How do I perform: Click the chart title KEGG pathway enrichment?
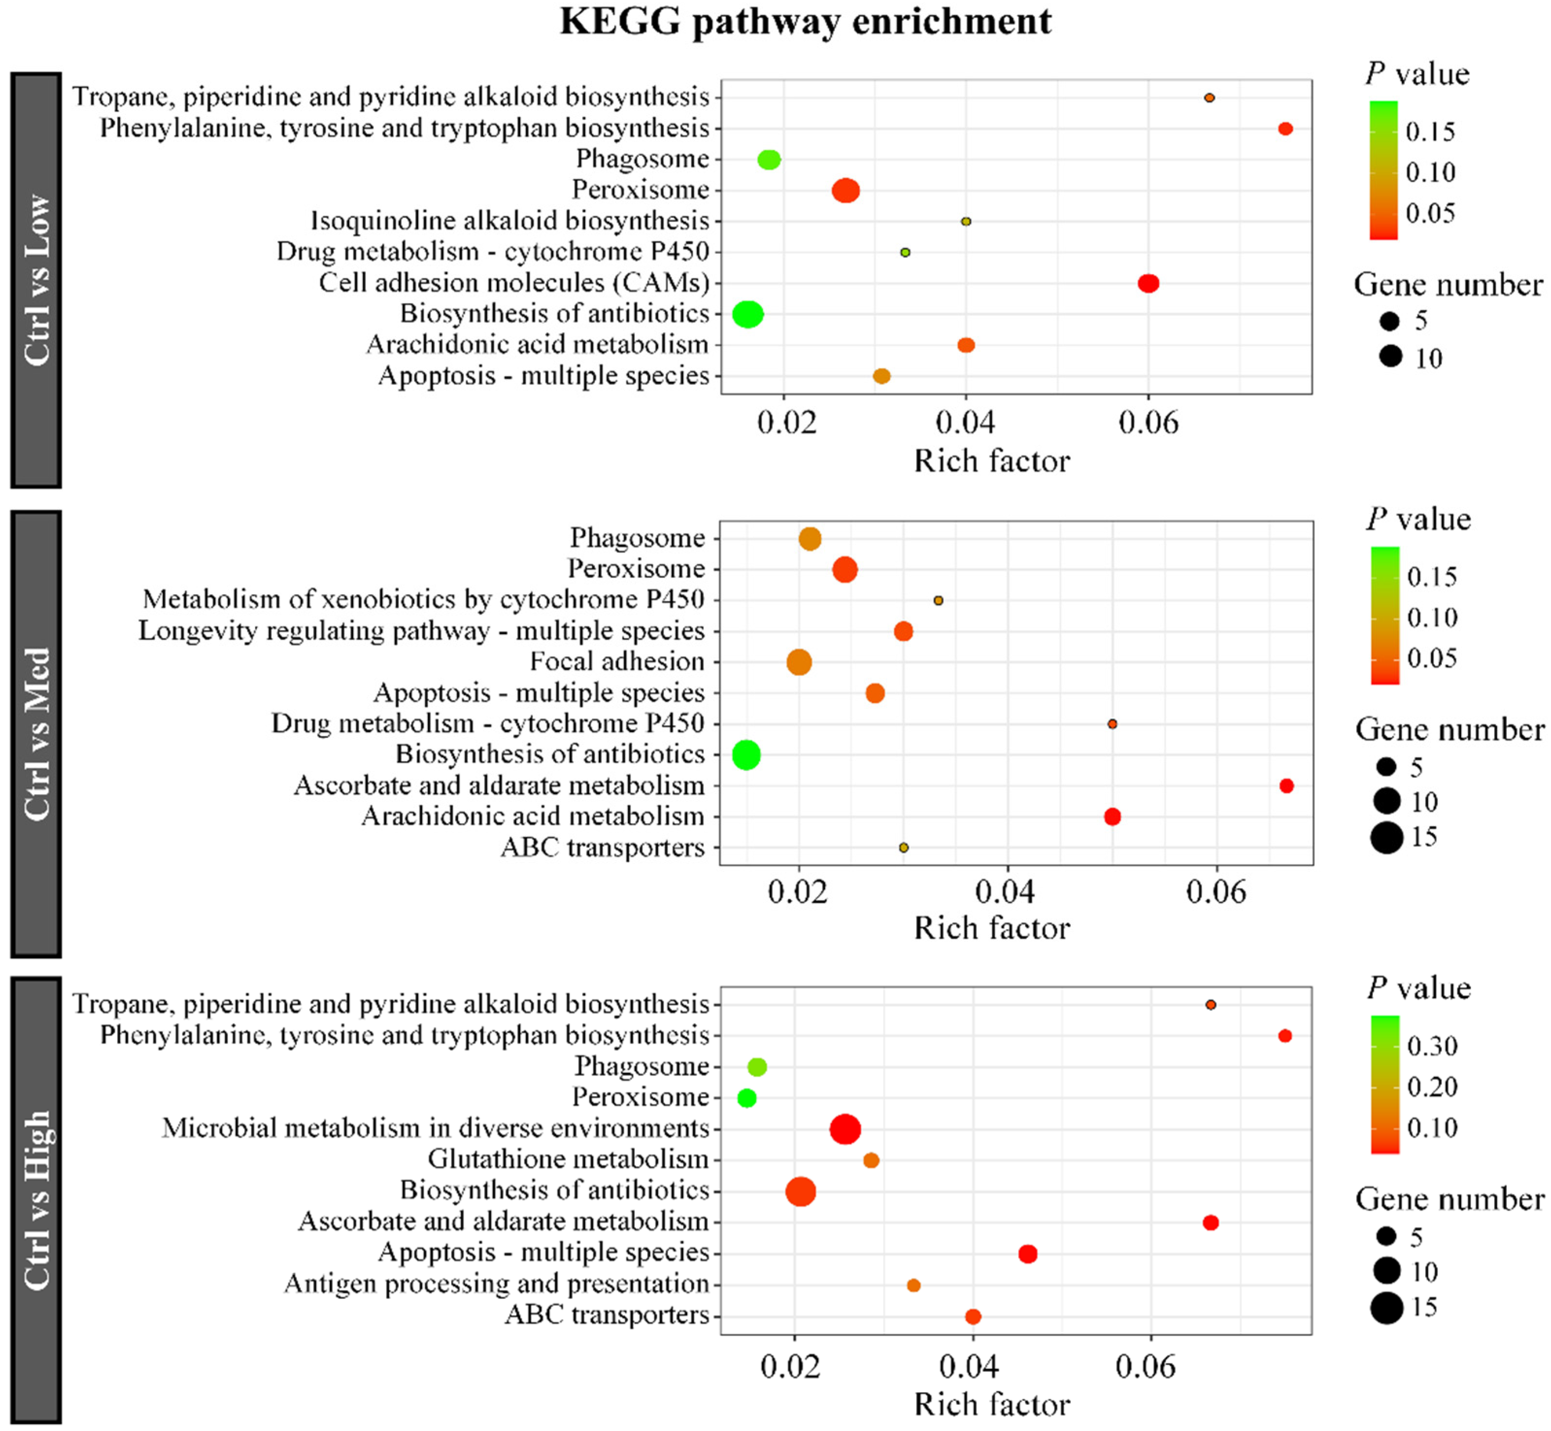pos(805,22)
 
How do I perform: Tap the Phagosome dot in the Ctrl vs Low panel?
pos(769,160)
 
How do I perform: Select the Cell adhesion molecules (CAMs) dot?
pos(1149,283)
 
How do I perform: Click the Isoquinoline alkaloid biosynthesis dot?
pos(966,221)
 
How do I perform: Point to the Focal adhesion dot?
pos(799,662)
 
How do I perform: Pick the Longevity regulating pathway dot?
pos(903,631)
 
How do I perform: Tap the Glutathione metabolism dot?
pos(871,1160)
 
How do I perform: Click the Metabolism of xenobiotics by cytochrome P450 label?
pos(424,600)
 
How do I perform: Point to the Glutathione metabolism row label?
pos(568,1159)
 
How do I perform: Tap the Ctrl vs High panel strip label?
pos(36,1200)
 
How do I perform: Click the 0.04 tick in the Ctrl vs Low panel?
pos(966,423)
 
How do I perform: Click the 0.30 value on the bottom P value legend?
pos(1432,1046)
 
